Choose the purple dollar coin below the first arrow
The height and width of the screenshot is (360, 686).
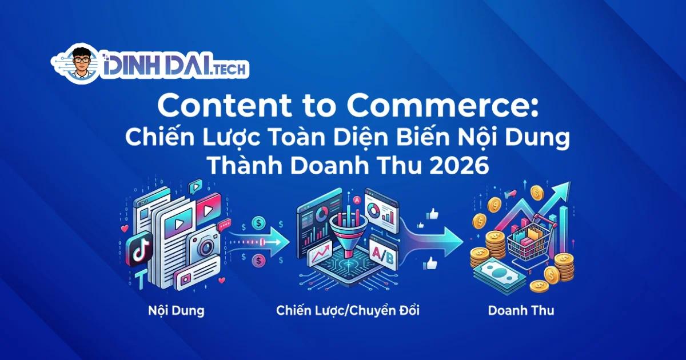[258, 261]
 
